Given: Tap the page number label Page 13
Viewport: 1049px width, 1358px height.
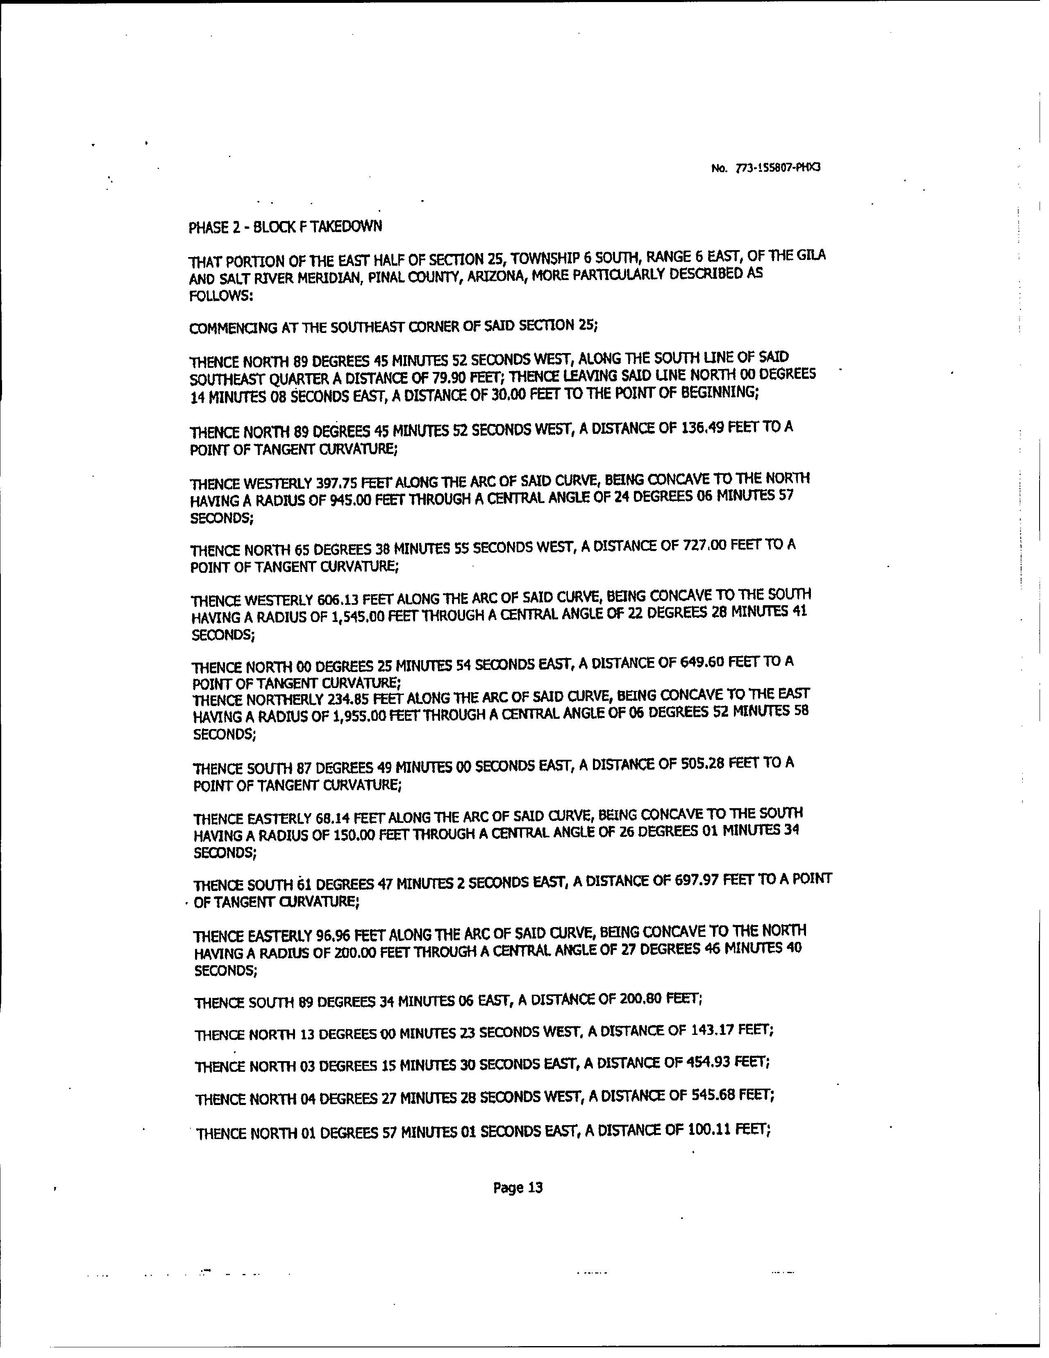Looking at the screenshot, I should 518,1187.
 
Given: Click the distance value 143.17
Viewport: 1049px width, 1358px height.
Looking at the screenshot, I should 710,1030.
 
